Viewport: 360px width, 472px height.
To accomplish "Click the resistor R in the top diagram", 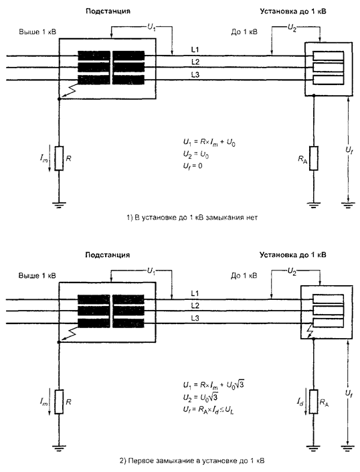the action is click(x=59, y=158).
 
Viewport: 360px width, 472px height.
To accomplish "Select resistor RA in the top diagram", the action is click(x=314, y=158).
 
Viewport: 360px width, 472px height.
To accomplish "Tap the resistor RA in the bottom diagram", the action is click(x=314, y=402).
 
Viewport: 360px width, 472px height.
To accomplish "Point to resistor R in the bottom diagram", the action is click(x=59, y=402).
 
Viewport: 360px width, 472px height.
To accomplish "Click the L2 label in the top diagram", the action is click(x=195, y=62).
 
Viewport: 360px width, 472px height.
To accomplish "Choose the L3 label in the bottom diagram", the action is click(x=195, y=318).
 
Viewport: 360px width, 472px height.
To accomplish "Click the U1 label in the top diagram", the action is click(x=151, y=27).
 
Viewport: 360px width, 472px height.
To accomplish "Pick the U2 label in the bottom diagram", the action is click(x=292, y=272).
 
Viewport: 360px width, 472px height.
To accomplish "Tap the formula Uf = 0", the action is click(x=193, y=166).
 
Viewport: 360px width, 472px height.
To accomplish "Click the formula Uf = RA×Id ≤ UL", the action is click(x=208, y=410).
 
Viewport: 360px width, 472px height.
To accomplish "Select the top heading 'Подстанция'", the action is click(x=108, y=11).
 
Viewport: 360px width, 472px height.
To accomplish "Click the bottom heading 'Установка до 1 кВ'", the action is click(x=293, y=255).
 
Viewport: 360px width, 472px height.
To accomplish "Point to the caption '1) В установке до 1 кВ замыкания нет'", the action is click(x=192, y=218).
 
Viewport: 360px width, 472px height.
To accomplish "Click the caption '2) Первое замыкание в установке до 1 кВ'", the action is click(x=192, y=461).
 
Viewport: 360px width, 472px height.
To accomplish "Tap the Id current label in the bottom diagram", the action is click(x=300, y=402).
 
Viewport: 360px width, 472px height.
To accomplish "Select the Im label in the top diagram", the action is click(x=44, y=159).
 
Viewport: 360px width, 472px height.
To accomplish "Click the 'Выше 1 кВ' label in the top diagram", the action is click(x=37, y=32).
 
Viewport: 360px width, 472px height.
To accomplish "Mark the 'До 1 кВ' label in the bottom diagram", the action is click(x=244, y=275).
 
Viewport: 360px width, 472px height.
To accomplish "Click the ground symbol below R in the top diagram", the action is click(x=59, y=206).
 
